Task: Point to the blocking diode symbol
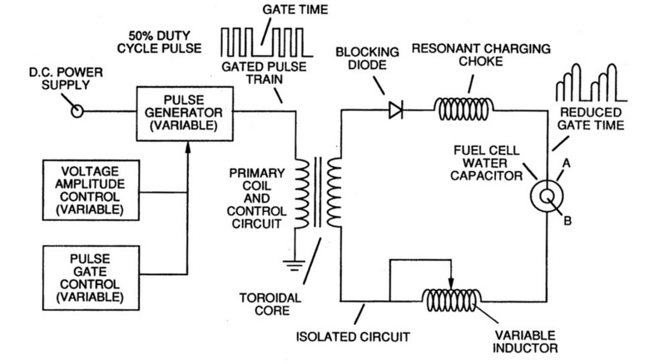[x=395, y=108]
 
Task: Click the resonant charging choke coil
[x=464, y=108]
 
